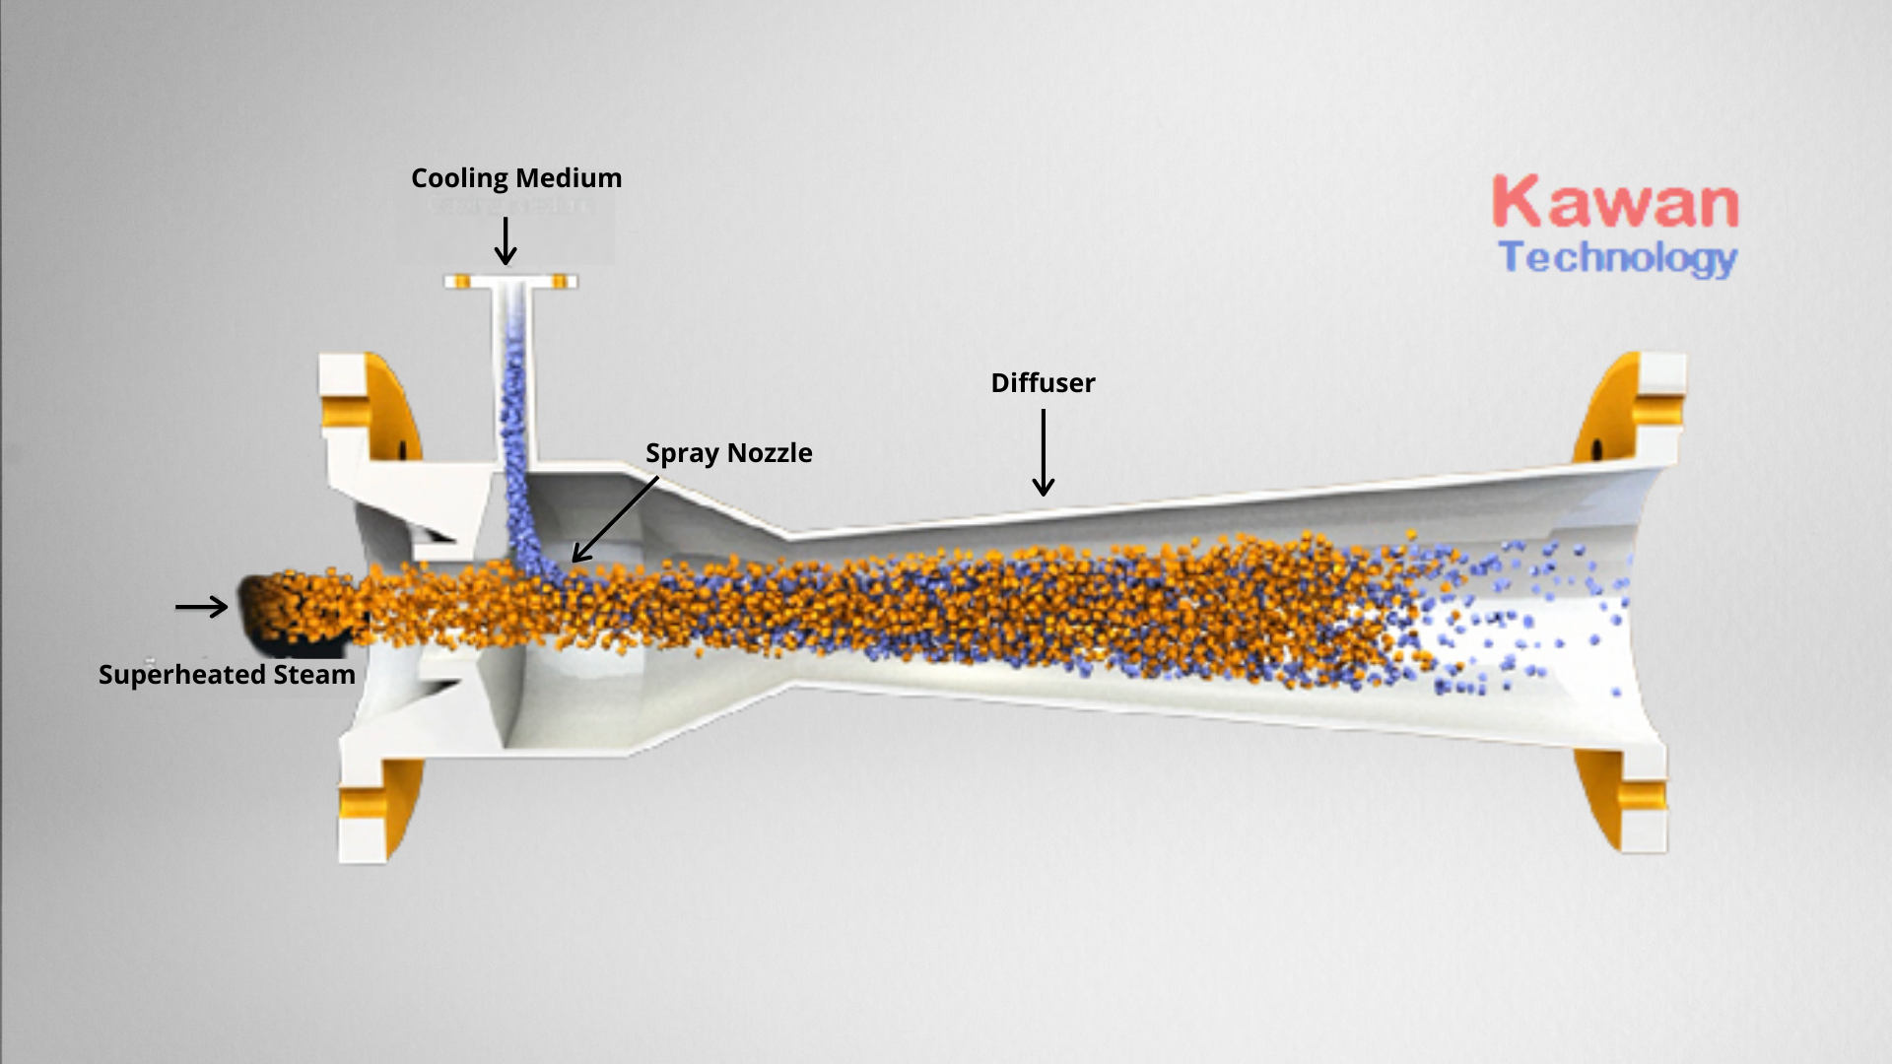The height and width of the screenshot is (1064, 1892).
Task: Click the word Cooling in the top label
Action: [459, 179]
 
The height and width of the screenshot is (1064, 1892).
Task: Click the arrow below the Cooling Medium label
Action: [506, 241]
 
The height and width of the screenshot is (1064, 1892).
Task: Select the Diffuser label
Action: [1043, 383]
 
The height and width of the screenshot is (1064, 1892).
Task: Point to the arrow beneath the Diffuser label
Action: [1043, 452]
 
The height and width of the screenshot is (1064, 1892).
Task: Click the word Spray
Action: [682, 454]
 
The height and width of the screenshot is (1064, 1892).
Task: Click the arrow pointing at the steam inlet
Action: [202, 607]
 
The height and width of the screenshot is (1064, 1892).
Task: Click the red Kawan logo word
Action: [1615, 203]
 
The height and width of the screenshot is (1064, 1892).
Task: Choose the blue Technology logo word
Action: [1617, 258]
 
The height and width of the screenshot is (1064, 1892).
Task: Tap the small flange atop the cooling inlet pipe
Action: [510, 283]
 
